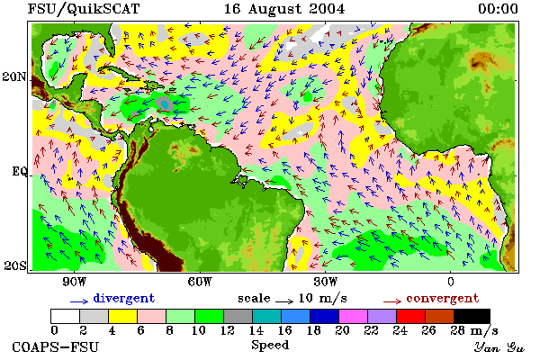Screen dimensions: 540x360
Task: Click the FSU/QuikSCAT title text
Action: (x=84, y=9)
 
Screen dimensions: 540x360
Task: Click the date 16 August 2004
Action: (x=284, y=9)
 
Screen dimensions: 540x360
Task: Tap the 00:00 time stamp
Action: (x=498, y=9)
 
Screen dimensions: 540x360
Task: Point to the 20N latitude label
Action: (x=14, y=76)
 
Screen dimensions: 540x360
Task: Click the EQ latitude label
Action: (x=19, y=171)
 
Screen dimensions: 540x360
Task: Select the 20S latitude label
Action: (x=15, y=265)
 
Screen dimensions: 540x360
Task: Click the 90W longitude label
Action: (x=74, y=282)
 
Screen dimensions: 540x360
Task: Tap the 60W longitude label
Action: (x=200, y=282)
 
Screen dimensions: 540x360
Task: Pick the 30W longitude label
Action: (x=325, y=282)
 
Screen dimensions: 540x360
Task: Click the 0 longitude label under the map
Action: (x=451, y=282)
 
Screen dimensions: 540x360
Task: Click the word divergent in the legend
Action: (x=124, y=298)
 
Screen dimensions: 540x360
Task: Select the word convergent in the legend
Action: (x=443, y=298)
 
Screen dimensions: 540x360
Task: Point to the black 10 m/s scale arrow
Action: (x=284, y=301)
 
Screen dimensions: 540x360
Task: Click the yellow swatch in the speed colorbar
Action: (x=122, y=316)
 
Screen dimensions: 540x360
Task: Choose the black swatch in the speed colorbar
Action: (x=472, y=316)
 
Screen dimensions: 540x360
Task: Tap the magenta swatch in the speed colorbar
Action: (x=354, y=316)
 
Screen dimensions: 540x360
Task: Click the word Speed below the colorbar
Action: (x=270, y=345)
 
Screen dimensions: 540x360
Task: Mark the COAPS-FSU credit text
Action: (x=56, y=346)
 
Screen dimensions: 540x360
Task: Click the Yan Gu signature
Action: (x=499, y=347)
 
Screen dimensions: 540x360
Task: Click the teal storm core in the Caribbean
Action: (x=165, y=103)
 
